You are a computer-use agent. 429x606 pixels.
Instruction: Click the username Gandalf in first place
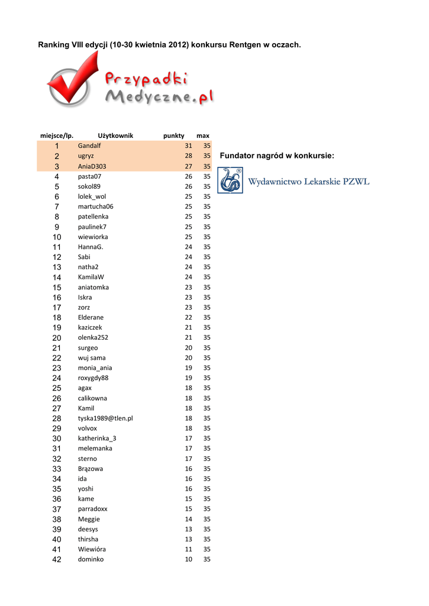click(89, 146)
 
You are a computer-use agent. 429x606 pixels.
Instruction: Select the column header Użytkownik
click(115, 136)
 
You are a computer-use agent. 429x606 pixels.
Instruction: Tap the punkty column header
click(173, 136)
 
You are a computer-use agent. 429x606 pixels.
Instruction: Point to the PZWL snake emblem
click(230, 180)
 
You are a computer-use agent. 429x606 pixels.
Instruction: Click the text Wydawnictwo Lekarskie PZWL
click(308, 182)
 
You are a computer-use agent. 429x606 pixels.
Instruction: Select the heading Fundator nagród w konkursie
click(276, 156)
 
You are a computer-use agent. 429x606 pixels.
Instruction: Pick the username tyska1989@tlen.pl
click(105, 418)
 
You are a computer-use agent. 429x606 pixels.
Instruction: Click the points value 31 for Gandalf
click(188, 146)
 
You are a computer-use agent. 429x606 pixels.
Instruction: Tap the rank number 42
click(57, 560)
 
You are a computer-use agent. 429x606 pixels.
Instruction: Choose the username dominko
click(91, 559)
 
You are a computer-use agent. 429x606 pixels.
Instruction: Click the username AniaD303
click(92, 166)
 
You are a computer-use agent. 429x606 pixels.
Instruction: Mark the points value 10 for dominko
click(188, 559)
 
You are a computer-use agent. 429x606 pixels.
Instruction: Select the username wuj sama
click(92, 358)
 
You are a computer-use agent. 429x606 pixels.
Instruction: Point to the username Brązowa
click(91, 469)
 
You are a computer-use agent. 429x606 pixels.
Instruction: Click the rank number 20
click(57, 338)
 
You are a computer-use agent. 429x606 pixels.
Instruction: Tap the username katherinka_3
click(97, 439)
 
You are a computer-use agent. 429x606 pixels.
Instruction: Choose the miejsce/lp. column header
click(57, 136)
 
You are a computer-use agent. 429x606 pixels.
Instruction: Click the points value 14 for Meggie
click(188, 519)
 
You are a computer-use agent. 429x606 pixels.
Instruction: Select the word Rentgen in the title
click(245, 45)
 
